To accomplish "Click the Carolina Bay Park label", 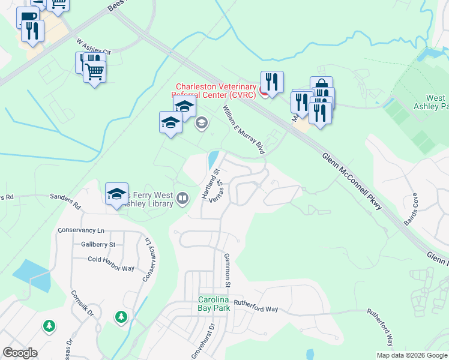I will pos(215,304).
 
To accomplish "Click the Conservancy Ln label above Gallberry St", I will pos(81,230).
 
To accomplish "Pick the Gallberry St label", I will pos(98,245).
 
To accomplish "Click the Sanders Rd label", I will pos(65,200).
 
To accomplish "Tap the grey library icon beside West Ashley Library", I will pos(183,197).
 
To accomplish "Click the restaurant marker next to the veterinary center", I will pos(273,82).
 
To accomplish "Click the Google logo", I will pos(20,353).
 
